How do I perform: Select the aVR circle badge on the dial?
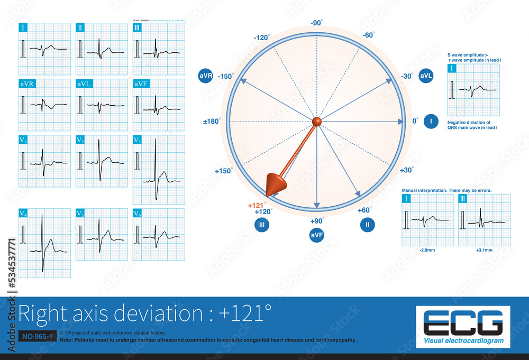coord(205,76)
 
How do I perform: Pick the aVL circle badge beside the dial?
coord(426,76)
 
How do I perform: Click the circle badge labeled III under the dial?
coord(262,225)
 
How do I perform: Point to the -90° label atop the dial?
coord(316,23)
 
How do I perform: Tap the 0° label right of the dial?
coord(416,122)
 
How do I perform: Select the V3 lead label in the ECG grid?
coord(138,140)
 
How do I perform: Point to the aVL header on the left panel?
coord(84,84)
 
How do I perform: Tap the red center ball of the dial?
coord(316,122)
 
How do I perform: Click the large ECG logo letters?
coord(463,322)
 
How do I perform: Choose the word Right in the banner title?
coord(42,314)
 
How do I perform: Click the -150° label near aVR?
coord(225,77)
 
